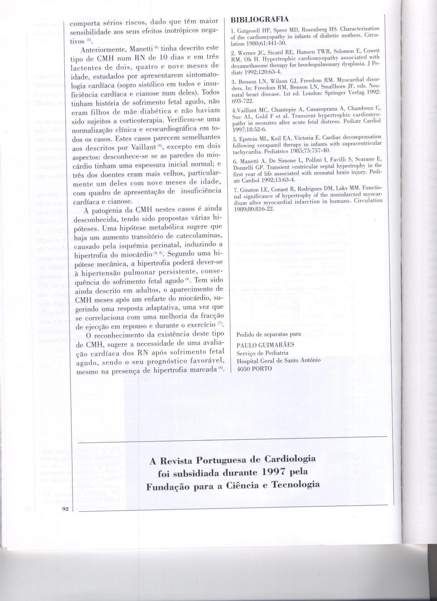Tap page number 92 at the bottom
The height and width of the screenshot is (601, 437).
pyautogui.click(x=66, y=509)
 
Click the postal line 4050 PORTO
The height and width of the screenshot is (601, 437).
pyautogui.click(x=254, y=368)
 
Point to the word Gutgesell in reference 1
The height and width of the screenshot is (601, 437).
pyautogui.click(x=247, y=29)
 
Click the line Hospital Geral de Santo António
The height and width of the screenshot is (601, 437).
pyautogui.click(x=278, y=360)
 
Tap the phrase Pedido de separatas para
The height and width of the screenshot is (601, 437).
pyautogui.click(x=269, y=334)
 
